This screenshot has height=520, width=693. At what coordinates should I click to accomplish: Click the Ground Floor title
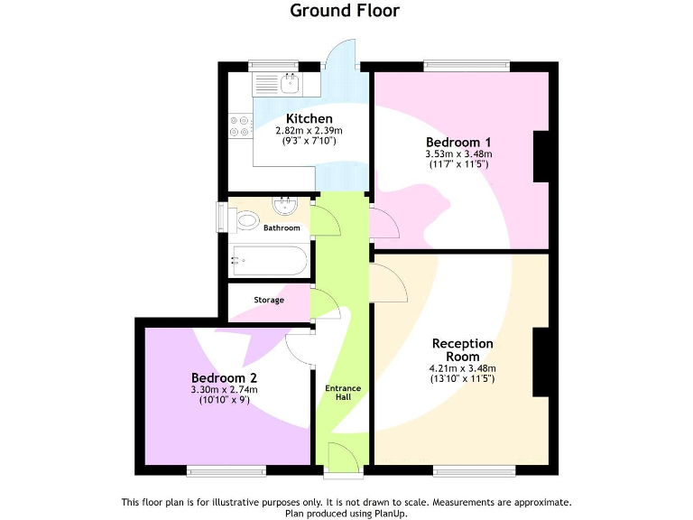click(x=344, y=11)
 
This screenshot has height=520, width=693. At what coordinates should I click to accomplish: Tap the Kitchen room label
click(x=309, y=118)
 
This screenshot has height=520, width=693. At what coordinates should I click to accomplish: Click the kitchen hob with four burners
click(x=240, y=125)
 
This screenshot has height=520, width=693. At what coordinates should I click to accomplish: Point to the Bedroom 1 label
click(x=458, y=142)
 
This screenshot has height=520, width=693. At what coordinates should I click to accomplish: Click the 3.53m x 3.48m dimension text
click(x=458, y=154)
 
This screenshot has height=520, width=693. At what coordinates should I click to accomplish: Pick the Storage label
click(x=269, y=300)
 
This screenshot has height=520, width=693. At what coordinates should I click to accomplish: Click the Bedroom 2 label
click(x=224, y=377)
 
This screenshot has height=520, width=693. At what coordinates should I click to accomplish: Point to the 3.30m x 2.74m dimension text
click(x=224, y=390)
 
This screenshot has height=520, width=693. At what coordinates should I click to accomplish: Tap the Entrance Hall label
click(x=343, y=393)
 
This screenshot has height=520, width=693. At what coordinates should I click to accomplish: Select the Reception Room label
click(x=462, y=349)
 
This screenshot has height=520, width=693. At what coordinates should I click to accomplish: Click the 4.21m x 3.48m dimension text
click(x=462, y=368)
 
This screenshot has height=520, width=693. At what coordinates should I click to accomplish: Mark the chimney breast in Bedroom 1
click(x=541, y=156)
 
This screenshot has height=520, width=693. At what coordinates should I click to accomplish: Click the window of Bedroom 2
click(x=226, y=470)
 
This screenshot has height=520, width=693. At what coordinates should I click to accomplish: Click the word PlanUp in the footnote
click(x=389, y=513)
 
